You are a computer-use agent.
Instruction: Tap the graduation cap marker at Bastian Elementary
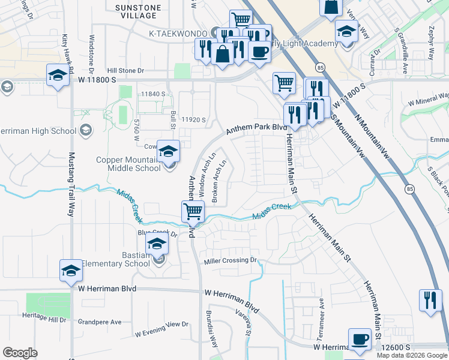click(157, 244)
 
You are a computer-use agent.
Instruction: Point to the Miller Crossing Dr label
click(230, 260)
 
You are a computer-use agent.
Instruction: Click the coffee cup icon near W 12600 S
click(360, 340)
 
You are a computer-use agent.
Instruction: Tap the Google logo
click(20, 353)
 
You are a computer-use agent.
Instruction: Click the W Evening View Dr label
click(161, 329)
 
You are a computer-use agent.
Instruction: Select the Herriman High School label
click(36, 130)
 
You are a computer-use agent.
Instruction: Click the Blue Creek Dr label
click(158, 233)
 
